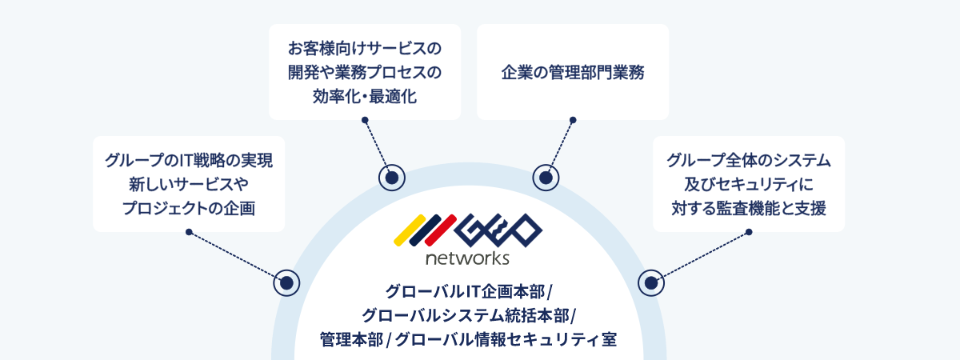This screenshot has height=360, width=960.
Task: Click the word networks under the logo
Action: pyautogui.click(x=467, y=258)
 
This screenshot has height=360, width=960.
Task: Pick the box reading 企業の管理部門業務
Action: pyautogui.click(x=573, y=72)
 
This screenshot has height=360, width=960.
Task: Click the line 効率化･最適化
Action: pyautogui.click(x=365, y=98)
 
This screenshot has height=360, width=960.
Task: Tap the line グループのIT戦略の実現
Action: pyautogui.click(x=189, y=160)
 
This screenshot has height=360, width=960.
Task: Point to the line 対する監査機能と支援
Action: pyautogui.click(x=749, y=209)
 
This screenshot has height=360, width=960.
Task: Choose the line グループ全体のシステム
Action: pyautogui.click(x=749, y=160)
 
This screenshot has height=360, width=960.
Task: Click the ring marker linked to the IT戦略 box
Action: pyautogui.click(x=286, y=282)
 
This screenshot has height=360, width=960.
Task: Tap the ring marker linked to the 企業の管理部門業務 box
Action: pyautogui.click(x=545, y=178)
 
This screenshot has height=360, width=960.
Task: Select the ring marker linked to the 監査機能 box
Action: pyautogui.click(x=651, y=282)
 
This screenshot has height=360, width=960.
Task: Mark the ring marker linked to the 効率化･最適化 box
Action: pyautogui.click(x=392, y=178)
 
